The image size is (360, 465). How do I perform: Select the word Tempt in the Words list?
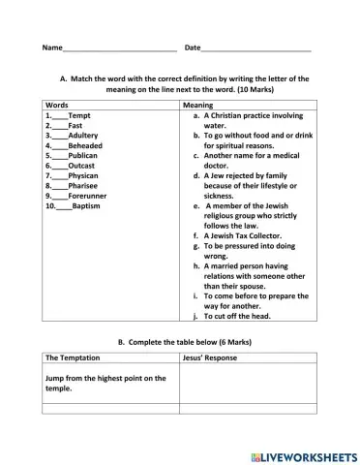pos(80,115)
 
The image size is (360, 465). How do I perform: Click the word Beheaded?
pos(86,146)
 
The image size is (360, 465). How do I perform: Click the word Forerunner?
pos(90,197)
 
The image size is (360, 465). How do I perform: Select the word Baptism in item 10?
pos(86,206)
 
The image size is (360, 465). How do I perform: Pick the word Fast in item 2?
pos(75,126)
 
